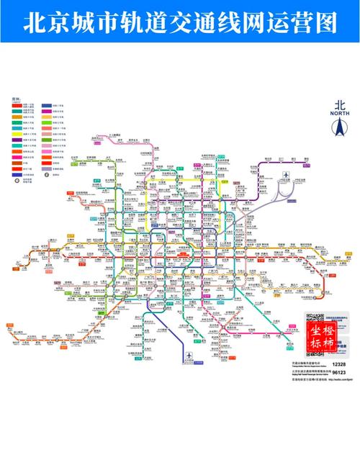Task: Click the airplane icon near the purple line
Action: point(287,176)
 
